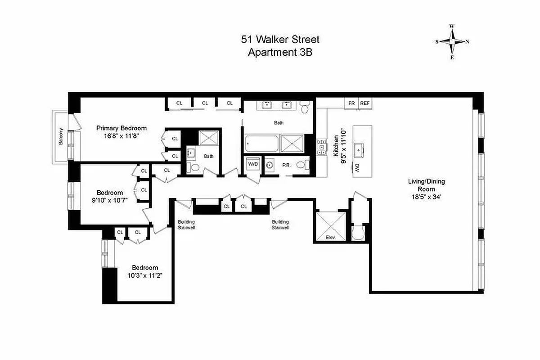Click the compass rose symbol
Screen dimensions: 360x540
[x=452, y=41]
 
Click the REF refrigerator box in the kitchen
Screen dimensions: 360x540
[x=365, y=103]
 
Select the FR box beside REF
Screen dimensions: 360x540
[x=351, y=103]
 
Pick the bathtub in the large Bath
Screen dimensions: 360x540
[x=261, y=144]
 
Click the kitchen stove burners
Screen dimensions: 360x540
[x=322, y=147]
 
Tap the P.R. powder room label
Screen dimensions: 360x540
[x=285, y=165]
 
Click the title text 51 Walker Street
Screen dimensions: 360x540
[x=280, y=40]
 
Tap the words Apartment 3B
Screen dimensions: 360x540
[x=280, y=52]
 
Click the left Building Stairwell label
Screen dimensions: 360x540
[x=186, y=225]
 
